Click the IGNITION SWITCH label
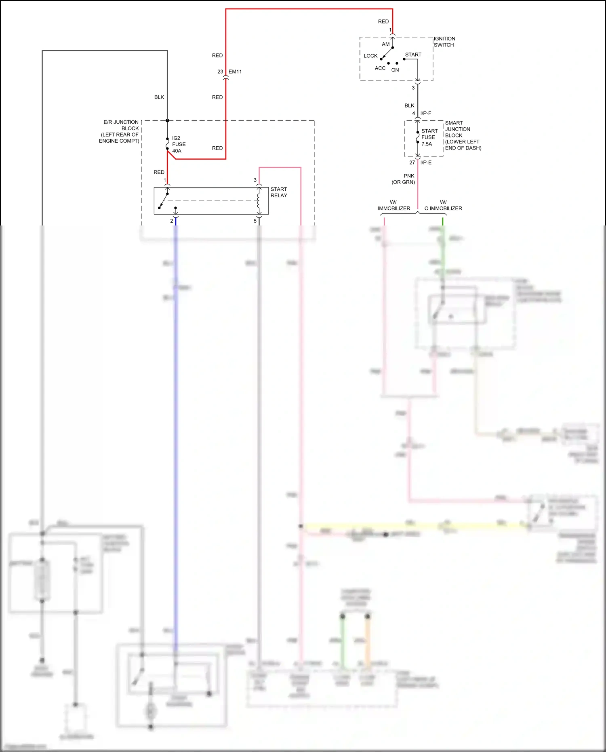(x=444, y=42)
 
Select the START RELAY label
(x=279, y=192)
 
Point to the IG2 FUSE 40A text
(x=179, y=144)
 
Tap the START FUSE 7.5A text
(x=429, y=137)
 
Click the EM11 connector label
(x=235, y=72)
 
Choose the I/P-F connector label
(x=425, y=113)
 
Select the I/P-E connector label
(x=426, y=162)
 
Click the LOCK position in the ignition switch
(x=370, y=56)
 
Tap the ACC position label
(x=380, y=68)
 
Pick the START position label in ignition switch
(x=413, y=55)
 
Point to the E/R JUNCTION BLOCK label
(x=120, y=131)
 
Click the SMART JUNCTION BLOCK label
(x=463, y=135)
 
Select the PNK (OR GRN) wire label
(x=404, y=179)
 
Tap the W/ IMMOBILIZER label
(x=393, y=205)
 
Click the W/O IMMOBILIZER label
(x=443, y=205)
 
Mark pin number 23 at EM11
(x=220, y=72)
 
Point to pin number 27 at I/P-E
(x=412, y=162)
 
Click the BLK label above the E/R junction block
(x=159, y=97)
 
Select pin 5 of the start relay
(x=255, y=221)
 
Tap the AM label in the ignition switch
(x=385, y=44)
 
